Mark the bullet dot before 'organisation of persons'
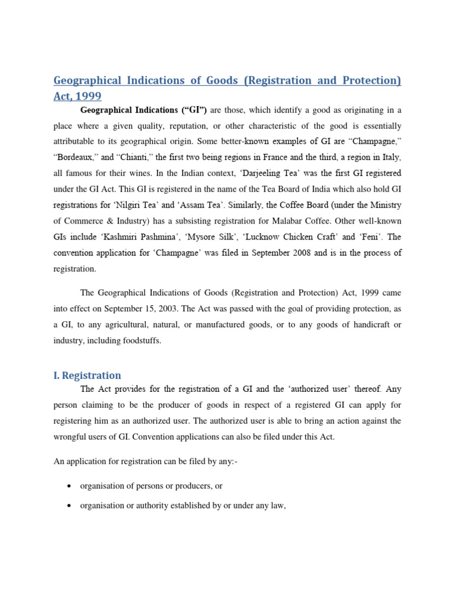pyautogui.click(x=69, y=486)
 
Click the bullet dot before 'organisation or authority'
pyautogui.click(x=69, y=506)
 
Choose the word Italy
pyautogui.click(x=389, y=157)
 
